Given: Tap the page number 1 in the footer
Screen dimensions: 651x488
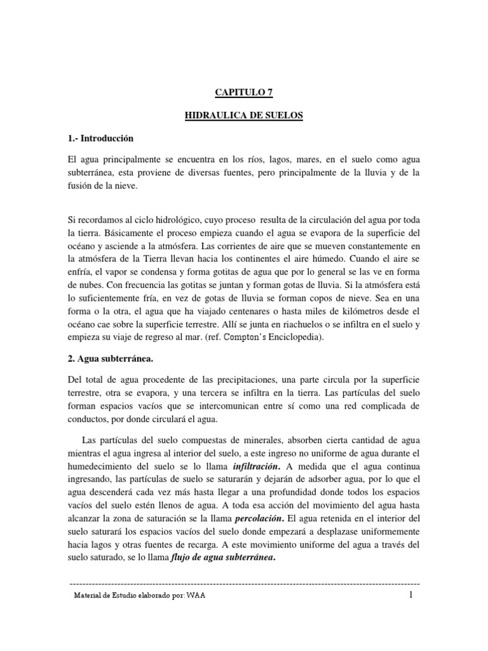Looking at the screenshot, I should point(412,595).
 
